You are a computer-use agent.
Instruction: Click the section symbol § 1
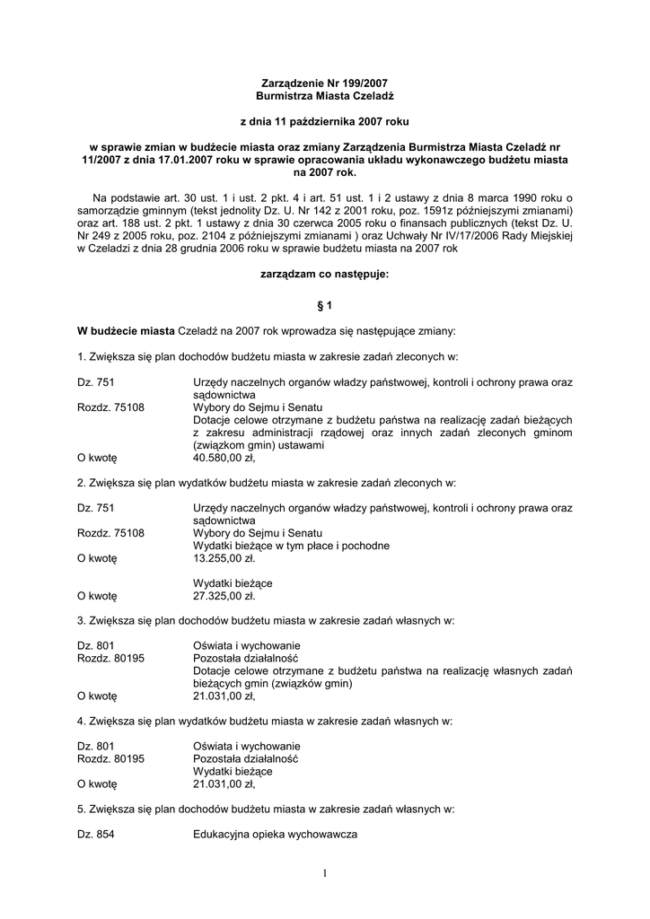coord(325,304)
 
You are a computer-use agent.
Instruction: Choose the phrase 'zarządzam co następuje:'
coord(324,276)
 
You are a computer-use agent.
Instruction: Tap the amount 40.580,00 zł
coord(224,457)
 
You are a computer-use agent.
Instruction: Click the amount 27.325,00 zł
coord(224,594)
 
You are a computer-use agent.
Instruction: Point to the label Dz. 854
coord(96,834)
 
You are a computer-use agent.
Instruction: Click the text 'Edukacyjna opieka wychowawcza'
coord(275,834)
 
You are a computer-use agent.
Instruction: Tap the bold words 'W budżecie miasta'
coord(126,330)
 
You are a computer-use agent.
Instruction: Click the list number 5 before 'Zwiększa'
coord(82,808)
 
